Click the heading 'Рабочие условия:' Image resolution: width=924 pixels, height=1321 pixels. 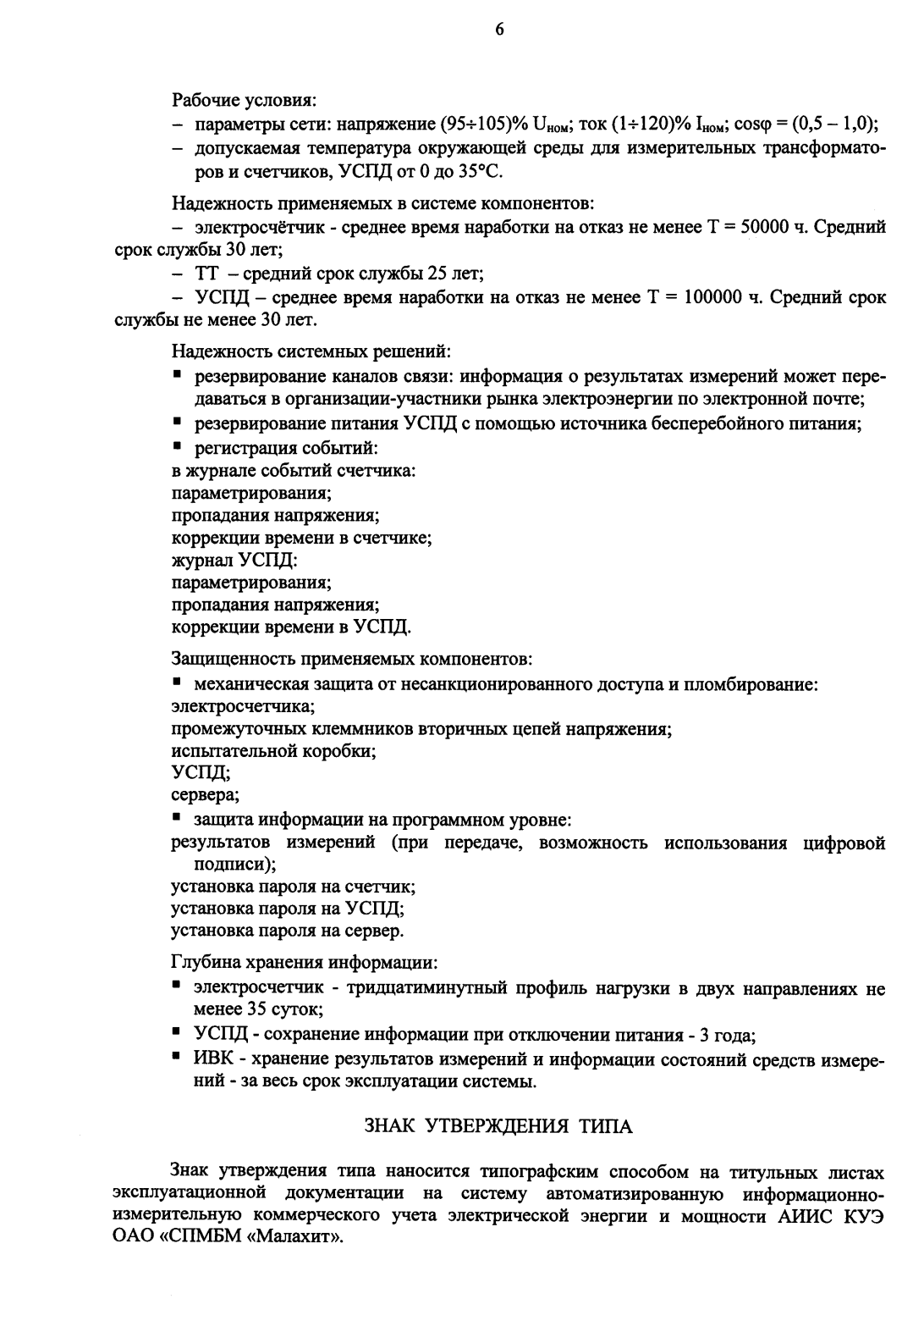(245, 102)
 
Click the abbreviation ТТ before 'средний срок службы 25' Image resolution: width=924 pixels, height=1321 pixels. (208, 274)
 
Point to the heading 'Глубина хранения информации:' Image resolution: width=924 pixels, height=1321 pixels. (305, 963)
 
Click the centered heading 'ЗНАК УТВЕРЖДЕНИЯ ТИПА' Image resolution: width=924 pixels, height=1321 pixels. (498, 1126)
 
